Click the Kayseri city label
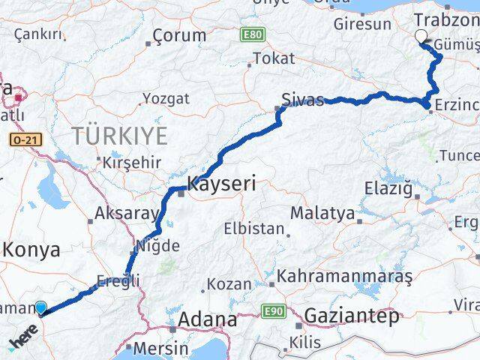coord(221,182)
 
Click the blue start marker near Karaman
coord(40,307)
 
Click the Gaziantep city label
coord(351,316)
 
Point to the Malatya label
coord(322,213)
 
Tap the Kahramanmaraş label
coord(344,276)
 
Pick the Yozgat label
coord(165,98)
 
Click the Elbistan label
coord(254,229)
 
